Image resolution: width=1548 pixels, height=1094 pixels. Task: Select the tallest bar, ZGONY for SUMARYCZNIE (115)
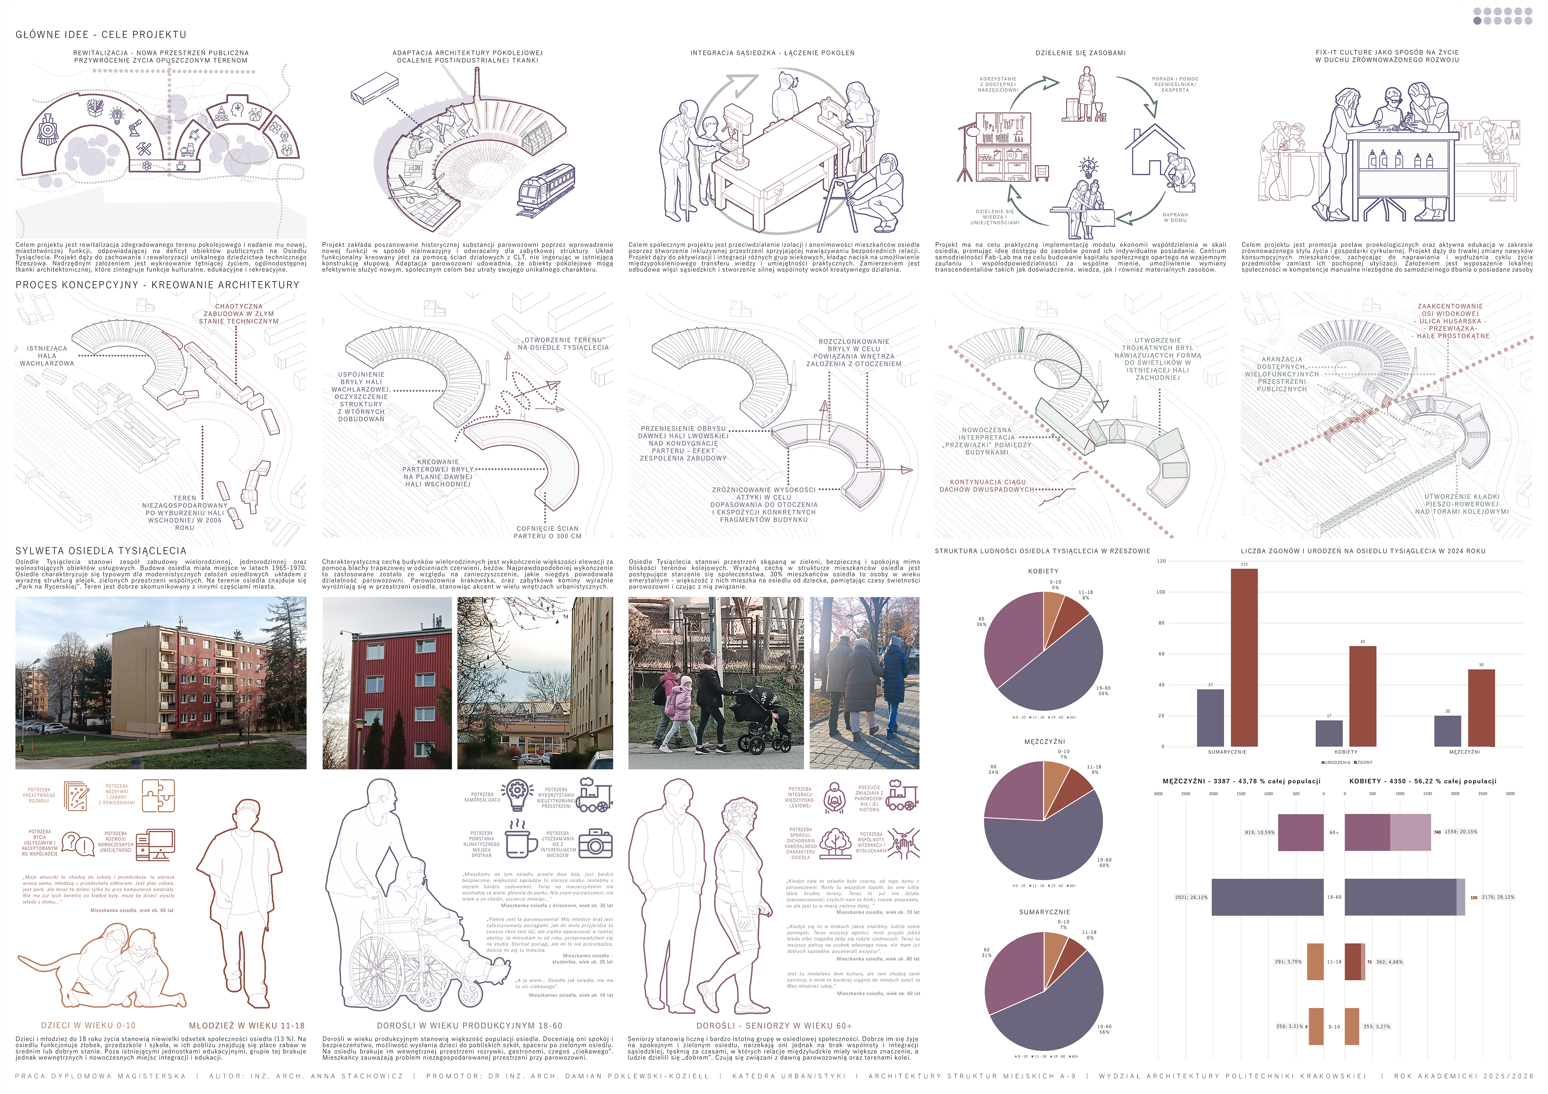(1244, 657)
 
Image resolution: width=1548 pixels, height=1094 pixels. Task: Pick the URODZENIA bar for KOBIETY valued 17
(1329, 733)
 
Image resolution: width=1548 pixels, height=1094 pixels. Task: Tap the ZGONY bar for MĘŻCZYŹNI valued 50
(1481, 708)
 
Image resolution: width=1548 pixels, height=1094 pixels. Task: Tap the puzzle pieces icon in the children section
(159, 795)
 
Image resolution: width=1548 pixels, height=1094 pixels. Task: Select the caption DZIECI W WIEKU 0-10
(88, 1025)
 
